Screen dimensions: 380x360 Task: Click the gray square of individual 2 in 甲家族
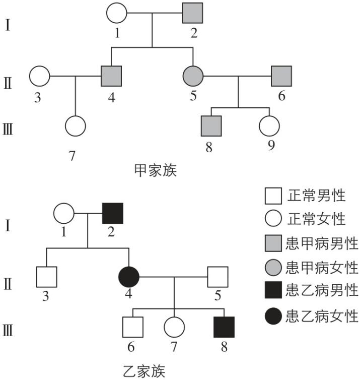[192, 13]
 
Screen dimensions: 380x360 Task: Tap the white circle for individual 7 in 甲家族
[75, 126]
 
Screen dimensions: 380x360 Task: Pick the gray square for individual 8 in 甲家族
[211, 126]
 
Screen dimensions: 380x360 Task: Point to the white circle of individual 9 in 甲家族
[269, 126]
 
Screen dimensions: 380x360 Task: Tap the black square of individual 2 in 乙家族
[112, 213]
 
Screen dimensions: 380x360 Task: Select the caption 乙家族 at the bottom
[143, 370]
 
